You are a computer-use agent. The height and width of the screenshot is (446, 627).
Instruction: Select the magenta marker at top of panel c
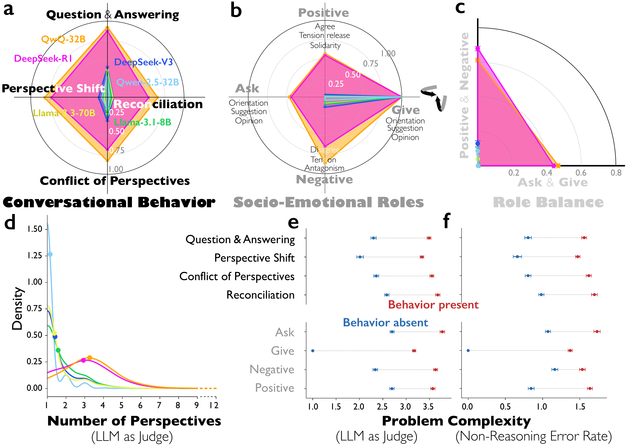coord(478,49)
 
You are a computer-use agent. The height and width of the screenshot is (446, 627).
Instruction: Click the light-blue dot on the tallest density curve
coord(50,254)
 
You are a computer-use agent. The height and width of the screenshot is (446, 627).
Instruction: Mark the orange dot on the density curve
coord(89,358)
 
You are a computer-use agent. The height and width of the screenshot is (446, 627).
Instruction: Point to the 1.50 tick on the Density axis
coord(35,229)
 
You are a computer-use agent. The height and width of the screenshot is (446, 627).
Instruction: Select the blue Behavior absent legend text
coord(385,322)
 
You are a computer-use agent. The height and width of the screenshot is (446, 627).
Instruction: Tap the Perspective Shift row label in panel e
coord(254,258)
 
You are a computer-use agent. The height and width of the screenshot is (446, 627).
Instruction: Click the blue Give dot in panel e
coord(313,351)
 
